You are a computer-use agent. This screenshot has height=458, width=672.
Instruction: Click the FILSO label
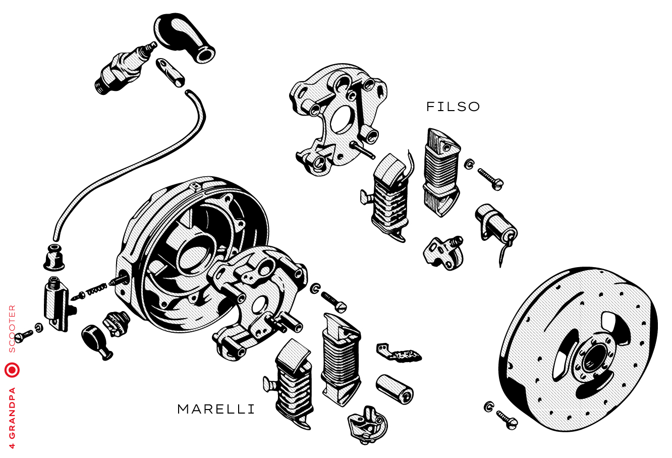(x=453, y=107)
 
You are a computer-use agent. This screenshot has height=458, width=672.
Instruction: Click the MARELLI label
(x=216, y=409)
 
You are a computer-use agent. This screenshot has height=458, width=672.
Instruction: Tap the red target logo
(x=12, y=370)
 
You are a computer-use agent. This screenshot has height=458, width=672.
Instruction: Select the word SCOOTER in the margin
(x=12, y=328)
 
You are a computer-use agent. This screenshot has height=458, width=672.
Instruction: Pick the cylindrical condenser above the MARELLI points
(x=394, y=389)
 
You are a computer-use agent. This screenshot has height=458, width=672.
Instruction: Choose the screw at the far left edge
(x=24, y=334)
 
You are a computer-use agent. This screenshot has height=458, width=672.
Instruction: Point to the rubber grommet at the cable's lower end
(x=54, y=258)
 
